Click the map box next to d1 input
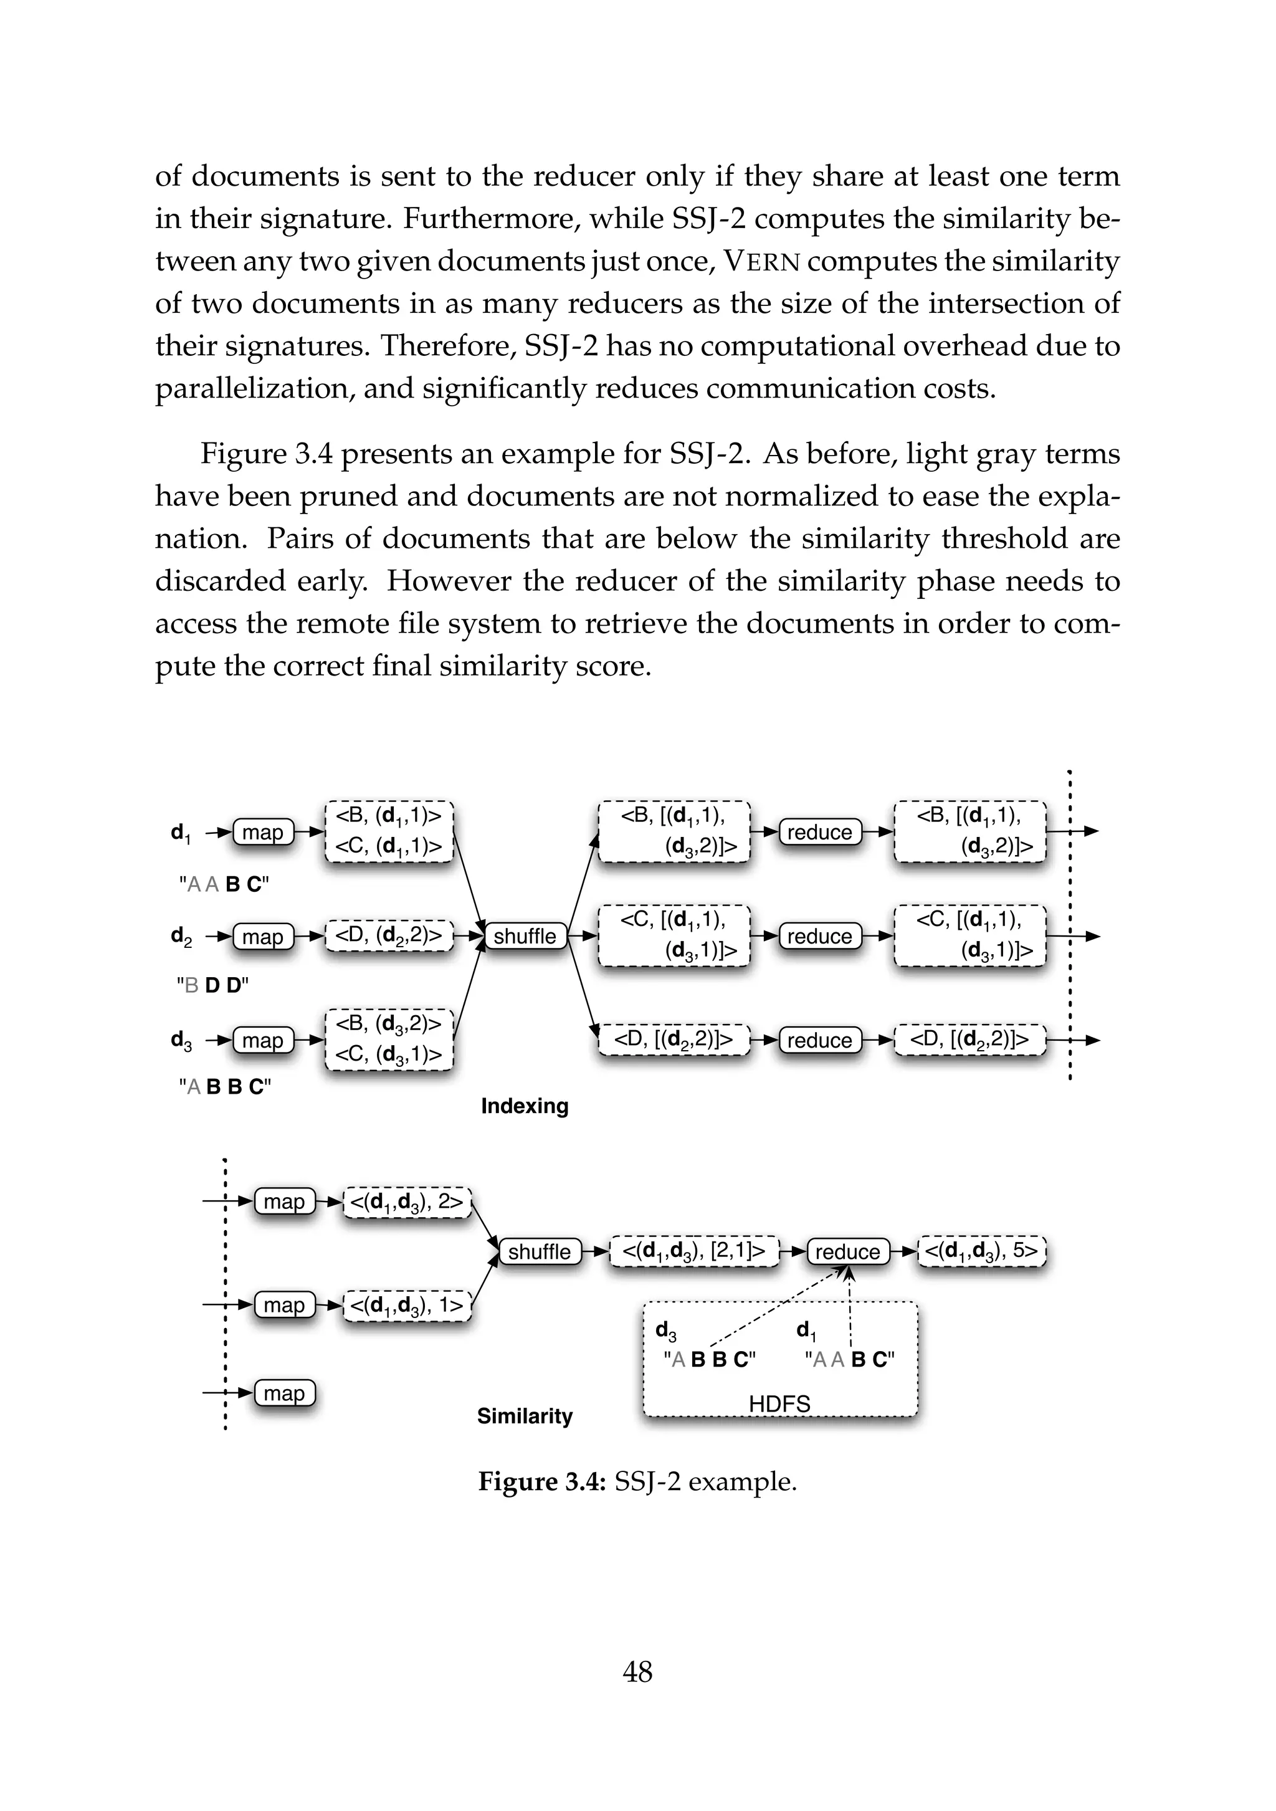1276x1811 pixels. (x=262, y=832)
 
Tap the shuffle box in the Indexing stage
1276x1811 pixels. (x=525, y=936)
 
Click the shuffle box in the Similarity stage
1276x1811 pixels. (x=540, y=1252)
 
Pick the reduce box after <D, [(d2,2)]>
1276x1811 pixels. (x=819, y=1040)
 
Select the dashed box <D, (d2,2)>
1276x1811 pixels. (x=389, y=935)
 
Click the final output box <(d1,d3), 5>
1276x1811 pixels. (x=982, y=1251)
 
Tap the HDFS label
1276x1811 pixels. (x=779, y=1404)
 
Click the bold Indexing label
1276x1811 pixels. (x=525, y=1106)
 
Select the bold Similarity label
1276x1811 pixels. (x=525, y=1416)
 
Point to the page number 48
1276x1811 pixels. (x=637, y=1671)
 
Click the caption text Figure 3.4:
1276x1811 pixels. (x=541, y=1481)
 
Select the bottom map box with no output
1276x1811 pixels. (x=284, y=1393)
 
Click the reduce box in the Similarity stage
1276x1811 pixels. (x=848, y=1252)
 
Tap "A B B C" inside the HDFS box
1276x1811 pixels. (x=709, y=1359)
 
